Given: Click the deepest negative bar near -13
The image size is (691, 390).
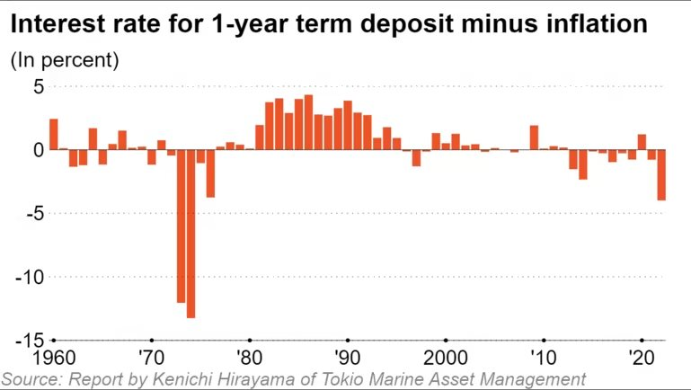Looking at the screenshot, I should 190,234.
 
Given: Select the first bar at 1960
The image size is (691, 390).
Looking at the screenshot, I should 54,134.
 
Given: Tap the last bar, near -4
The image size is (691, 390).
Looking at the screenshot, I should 661,175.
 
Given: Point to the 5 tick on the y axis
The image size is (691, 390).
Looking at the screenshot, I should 39,87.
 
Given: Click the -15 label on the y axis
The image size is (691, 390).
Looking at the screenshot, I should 29,340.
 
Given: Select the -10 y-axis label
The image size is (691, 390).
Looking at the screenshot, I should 29,277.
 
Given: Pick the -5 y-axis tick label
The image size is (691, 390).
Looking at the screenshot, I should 33,214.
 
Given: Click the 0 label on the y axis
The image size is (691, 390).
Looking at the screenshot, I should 39,150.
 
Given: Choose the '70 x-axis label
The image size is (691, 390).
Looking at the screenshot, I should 151,355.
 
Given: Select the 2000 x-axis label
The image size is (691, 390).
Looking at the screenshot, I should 445,355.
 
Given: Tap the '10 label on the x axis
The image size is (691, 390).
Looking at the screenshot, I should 543,355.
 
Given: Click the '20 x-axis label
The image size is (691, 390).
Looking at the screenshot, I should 641,355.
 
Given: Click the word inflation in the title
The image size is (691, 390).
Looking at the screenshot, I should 598,24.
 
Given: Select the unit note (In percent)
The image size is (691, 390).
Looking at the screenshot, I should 64,60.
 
